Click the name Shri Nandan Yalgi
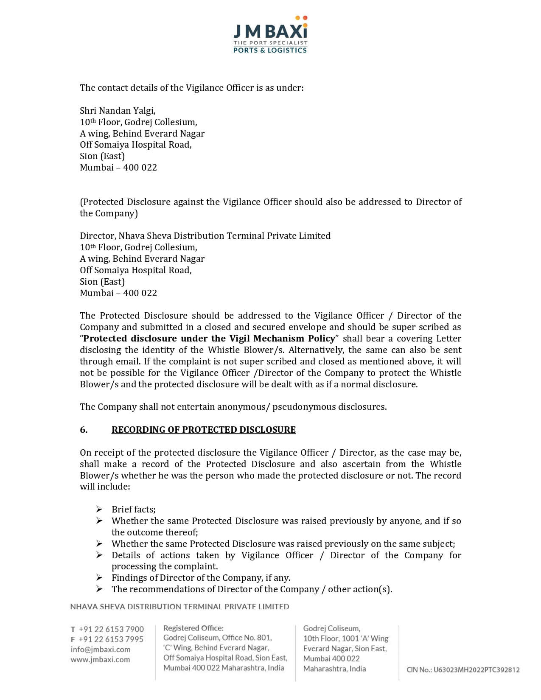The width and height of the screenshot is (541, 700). [118, 111]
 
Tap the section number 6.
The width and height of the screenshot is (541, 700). [84, 430]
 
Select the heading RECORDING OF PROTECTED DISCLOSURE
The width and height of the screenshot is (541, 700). [203, 430]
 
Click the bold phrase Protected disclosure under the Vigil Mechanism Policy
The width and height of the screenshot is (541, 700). [209, 339]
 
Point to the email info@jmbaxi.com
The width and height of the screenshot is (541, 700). [101, 650]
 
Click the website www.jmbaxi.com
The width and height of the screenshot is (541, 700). [100, 660]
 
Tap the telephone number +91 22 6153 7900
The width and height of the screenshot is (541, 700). [111, 629]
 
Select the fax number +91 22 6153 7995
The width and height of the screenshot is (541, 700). [111, 639]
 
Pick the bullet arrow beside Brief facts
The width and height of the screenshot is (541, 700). [99, 509]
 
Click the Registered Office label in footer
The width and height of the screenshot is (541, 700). [193, 628]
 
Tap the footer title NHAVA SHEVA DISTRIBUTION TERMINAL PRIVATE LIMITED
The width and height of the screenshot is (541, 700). [179, 607]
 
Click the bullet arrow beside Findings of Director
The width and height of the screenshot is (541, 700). [99, 577]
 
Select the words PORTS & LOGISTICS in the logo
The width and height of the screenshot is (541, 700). [270, 50]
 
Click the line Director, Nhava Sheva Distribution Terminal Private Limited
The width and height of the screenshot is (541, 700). [205, 236]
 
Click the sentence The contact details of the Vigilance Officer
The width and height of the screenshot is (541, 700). [191, 88]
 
